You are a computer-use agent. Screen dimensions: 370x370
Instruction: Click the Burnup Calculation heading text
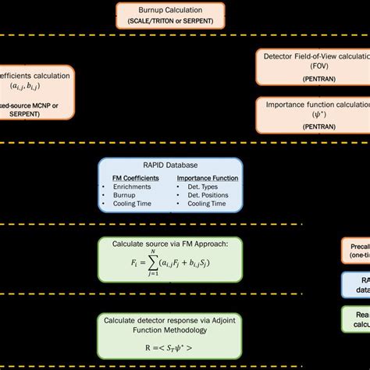click(170, 9)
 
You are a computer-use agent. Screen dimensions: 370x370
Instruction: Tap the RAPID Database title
click(171, 165)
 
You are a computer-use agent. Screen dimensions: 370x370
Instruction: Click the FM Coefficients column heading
click(135, 178)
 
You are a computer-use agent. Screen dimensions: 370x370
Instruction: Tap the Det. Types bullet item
click(200, 187)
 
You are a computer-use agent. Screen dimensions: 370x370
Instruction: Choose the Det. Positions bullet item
click(205, 195)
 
